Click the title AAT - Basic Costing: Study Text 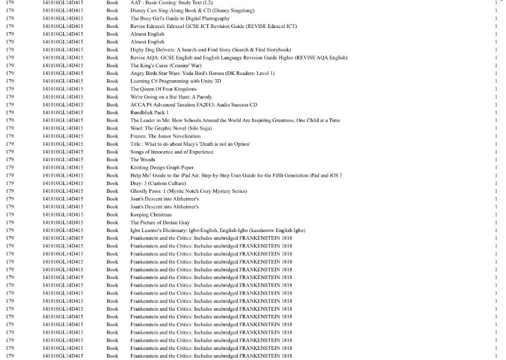pyautogui.click(x=171, y=3)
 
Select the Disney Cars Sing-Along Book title pyautogui.click(x=192, y=11)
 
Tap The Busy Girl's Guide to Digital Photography pyautogui.click(x=180, y=18)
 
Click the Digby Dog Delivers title pyautogui.click(x=211, y=50)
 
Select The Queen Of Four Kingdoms pyautogui.click(x=164, y=89)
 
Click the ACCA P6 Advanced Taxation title pyautogui.click(x=193, y=105)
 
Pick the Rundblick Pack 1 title pyautogui.click(x=149, y=112)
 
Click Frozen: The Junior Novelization pyautogui.click(x=165, y=136)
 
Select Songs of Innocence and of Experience pyautogui.click(x=171, y=152)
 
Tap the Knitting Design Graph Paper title pyautogui.click(x=162, y=168)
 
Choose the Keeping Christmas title pyautogui.click(x=151, y=215)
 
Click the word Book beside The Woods pyautogui.click(x=113, y=159)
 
